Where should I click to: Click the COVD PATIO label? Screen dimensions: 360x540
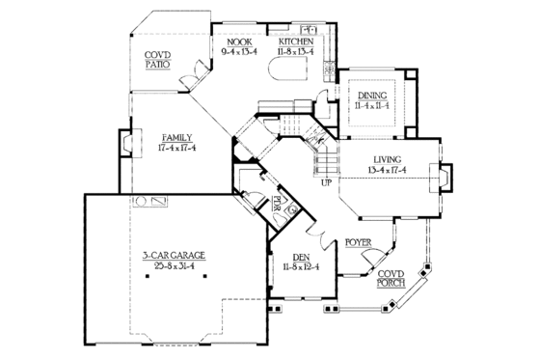[x=158, y=58]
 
